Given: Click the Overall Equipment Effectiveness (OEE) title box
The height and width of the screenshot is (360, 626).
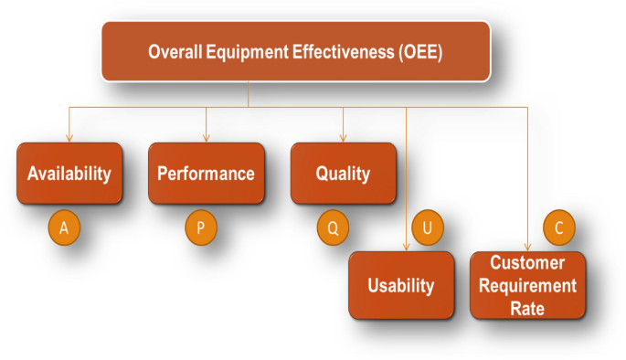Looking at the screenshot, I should [x=295, y=51].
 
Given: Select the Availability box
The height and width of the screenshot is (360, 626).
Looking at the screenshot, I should [x=69, y=173].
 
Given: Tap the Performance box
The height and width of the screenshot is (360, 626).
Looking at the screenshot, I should [x=206, y=173].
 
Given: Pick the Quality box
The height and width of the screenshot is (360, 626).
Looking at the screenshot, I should [x=343, y=173].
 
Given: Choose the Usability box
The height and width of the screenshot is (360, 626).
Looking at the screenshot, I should [x=400, y=285].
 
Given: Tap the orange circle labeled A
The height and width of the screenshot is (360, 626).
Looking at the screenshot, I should [x=63, y=228].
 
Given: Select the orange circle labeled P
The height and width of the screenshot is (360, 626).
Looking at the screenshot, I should [x=200, y=228].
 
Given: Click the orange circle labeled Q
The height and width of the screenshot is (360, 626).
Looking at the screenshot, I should [x=333, y=228].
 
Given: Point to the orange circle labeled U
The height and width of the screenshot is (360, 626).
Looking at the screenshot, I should [x=427, y=228].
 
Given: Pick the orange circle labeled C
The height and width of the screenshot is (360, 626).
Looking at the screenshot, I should [x=558, y=227].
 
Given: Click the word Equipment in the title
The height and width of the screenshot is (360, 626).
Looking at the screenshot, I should [x=251, y=52].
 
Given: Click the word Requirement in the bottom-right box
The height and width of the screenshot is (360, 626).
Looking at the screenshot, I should [x=534, y=285].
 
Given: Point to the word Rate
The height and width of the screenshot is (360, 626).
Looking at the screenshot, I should [x=527, y=308].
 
